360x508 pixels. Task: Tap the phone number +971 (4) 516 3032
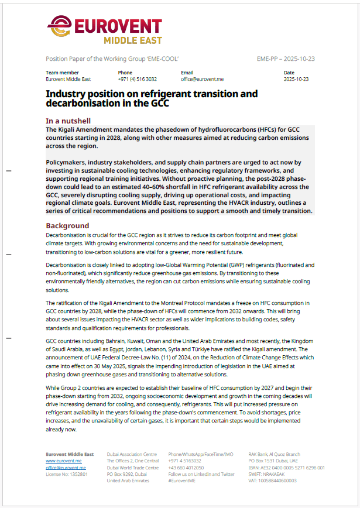point(137,78)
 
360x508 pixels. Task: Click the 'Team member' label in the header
point(61,73)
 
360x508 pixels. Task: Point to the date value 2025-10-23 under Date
point(296,78)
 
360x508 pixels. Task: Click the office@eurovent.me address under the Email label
point(202,78)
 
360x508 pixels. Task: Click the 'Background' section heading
point(67,226)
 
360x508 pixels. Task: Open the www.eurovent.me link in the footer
point(64,461)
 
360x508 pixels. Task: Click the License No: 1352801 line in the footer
point(67,474)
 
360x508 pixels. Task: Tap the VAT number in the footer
point(272,480)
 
